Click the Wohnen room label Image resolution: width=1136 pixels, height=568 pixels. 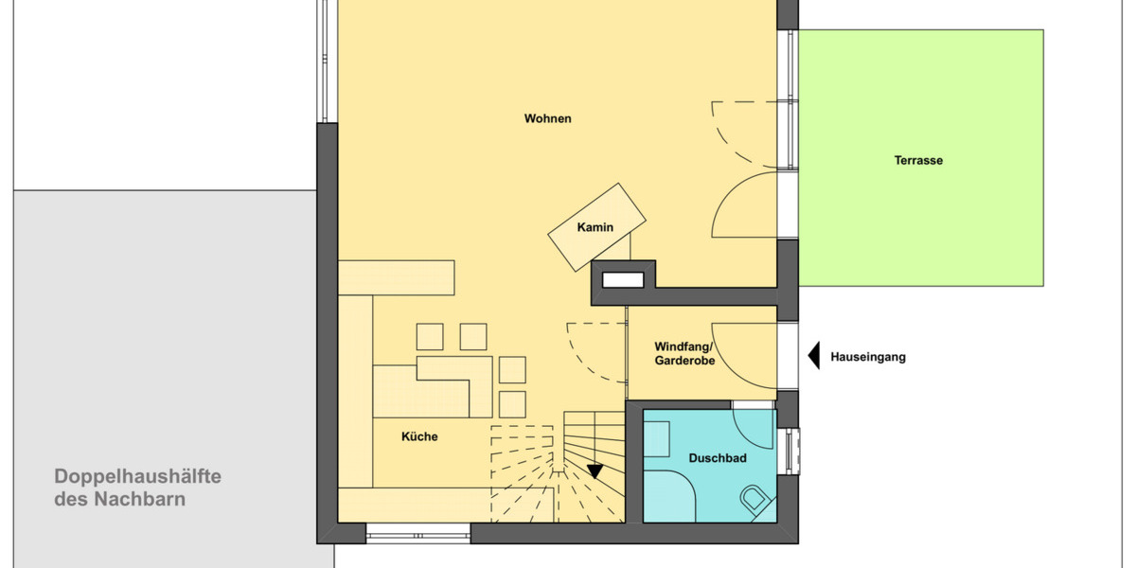pos(547,119)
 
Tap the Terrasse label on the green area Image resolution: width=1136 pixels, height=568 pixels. pos(918,161)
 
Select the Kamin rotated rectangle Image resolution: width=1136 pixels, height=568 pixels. pos(597,227)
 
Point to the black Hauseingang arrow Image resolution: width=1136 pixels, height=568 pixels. pos(813,356)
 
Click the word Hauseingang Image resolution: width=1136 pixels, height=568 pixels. pos(868,357)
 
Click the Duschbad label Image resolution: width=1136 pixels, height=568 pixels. pos(717,458)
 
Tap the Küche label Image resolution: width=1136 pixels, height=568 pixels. pos(419,436)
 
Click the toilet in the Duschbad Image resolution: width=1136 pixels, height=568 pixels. pos(756,500)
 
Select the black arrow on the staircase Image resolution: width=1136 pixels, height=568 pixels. pos(595,470)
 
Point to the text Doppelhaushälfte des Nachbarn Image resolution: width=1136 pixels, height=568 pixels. pos(137,488)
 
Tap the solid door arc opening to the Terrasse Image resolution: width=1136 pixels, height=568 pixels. pos(745,206)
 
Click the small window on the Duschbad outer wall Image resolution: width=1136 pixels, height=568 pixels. pos(791,451)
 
